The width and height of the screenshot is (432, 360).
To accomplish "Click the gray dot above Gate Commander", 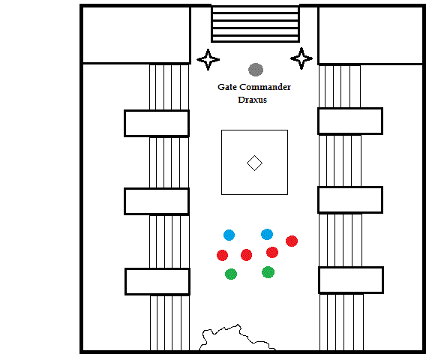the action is [x=256, y=70].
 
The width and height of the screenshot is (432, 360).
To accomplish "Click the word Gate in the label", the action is [x=227, y=87].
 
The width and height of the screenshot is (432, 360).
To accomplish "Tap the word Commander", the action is [x=265, y=87].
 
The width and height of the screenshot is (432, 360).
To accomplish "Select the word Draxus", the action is [x=252, y=100].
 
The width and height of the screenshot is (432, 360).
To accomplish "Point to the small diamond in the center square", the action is [x=254, y=163].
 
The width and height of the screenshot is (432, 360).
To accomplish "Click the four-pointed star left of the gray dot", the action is [x=208, y=59].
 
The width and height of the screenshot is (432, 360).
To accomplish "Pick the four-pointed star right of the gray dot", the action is [x=301, y=58].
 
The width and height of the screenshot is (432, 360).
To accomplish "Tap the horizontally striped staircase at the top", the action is [x=256, y=24].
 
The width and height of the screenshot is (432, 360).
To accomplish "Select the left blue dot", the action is [x=229, y=235].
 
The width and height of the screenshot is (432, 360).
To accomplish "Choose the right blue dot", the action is [x=267, y=235].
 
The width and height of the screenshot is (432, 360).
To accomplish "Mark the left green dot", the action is [x=231, y=274].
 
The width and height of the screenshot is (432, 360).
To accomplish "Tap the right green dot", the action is [x=268, y=272].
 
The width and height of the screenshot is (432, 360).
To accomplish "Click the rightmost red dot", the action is [x=292, y=241].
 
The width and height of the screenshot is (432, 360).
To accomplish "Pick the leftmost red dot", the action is [x=222, y=255].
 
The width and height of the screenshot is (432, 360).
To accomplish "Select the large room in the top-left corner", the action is [x=136, y=35].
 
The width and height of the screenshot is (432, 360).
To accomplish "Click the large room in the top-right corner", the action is [x=370, y=35].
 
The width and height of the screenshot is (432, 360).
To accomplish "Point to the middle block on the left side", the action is [x=157, y=201].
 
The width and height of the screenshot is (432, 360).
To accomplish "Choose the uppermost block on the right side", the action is [x=350, y=121].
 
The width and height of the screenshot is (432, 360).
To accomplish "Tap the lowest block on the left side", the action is [x=157, y=282].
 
